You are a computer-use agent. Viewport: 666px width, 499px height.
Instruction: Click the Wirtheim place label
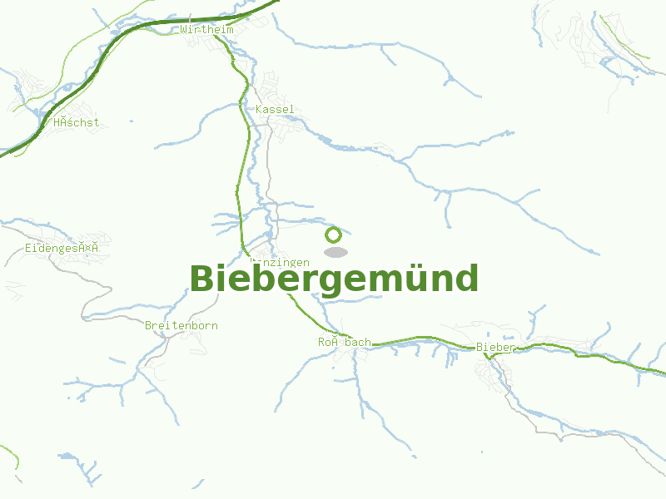click(x=206, y=30)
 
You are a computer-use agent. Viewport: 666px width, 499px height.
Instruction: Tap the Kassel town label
click(x=275, y=110)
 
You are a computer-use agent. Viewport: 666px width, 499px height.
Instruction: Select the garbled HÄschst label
click(x=76, y=122)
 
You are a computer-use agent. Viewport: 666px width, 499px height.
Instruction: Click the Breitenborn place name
click(x=181, y=325)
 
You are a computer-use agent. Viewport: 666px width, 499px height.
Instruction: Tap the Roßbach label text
click(x=344, y=342)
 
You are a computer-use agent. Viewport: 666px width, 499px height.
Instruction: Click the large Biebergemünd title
click(x=334, y=279)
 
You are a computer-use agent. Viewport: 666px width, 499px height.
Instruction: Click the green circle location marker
click(x=334, y=235)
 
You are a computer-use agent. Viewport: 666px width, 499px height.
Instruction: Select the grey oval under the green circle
click(x=335, y=252)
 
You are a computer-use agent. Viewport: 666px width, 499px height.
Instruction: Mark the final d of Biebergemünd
click(x=466, y=279)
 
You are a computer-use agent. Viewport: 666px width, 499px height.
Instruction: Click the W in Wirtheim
click(x=184, y=30)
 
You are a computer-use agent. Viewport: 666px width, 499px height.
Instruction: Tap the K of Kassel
click(x=260, y=110)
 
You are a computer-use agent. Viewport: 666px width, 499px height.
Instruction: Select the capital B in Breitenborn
click(x=148, y=325)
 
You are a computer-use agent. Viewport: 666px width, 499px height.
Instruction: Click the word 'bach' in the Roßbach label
click(x=358, y=342)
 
